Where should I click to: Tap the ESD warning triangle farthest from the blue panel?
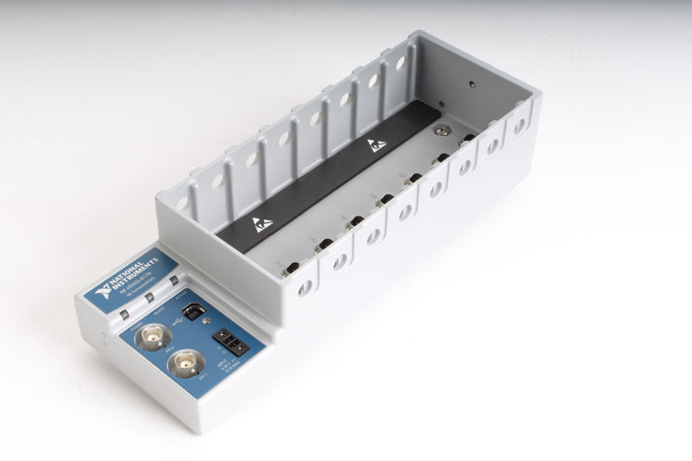(x=378, y=146)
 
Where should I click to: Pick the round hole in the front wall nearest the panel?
(x=305, y=287)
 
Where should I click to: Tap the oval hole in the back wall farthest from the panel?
(x=399, y=63)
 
